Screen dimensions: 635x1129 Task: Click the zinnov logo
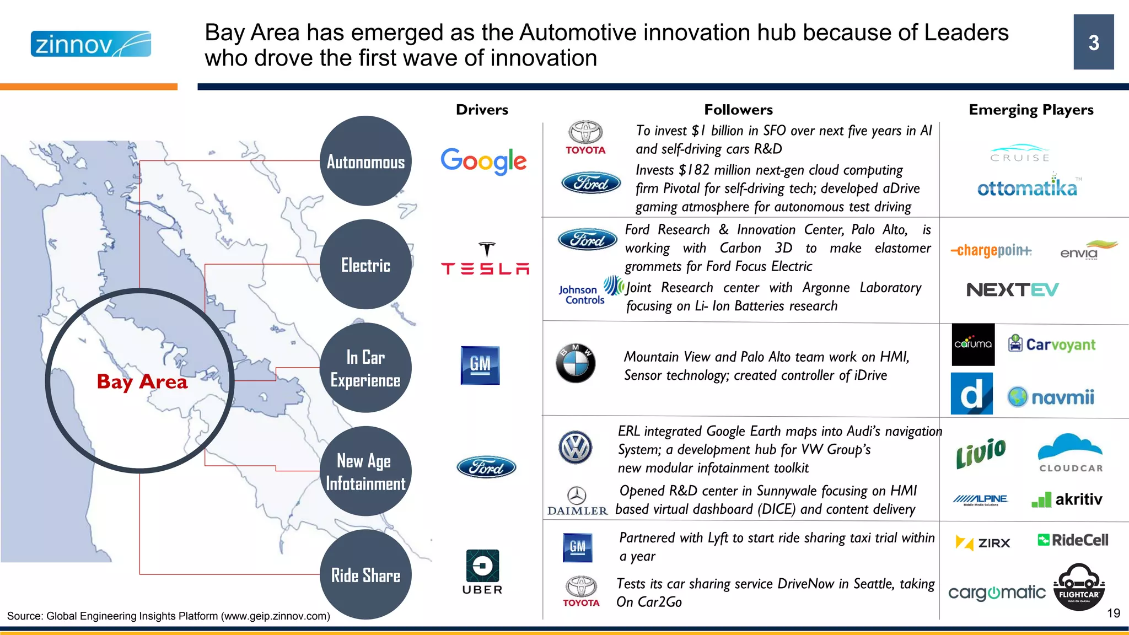click(90, 44)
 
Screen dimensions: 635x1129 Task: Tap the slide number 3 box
click(1093, 42)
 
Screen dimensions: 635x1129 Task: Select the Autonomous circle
click(365, 161)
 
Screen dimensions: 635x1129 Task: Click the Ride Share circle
click(365, 575)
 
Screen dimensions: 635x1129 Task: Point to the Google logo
click(483, 161)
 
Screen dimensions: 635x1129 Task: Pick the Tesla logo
click(485, 259)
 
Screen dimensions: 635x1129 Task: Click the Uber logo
click(482, 572)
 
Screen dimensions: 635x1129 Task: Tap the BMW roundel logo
click(576, 363)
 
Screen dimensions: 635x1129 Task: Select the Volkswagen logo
click(576, 447)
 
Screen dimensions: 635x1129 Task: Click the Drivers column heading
click(482, 110)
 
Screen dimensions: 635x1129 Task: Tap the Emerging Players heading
click(1031, 110)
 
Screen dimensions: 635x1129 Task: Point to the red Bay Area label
click(142, 381)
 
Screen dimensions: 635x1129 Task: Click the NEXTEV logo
click(1012, 289)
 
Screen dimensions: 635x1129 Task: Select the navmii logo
click(1051, 397)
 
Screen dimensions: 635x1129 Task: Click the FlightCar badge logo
click(1079, 588)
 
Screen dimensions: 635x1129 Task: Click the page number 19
click(1113, 613)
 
